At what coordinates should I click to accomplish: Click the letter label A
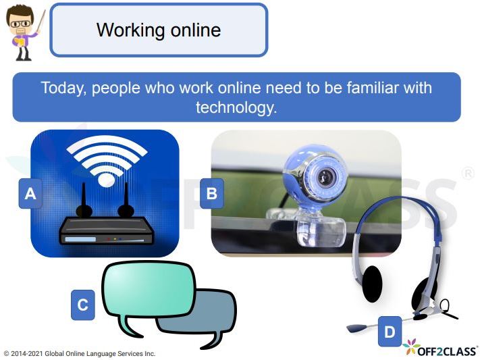point(30,195)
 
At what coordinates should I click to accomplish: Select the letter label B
point(211,195)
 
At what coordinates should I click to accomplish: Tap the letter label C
point(82,305)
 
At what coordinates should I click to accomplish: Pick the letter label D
point(390,332)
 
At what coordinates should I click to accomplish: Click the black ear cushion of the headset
point(372,284)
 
